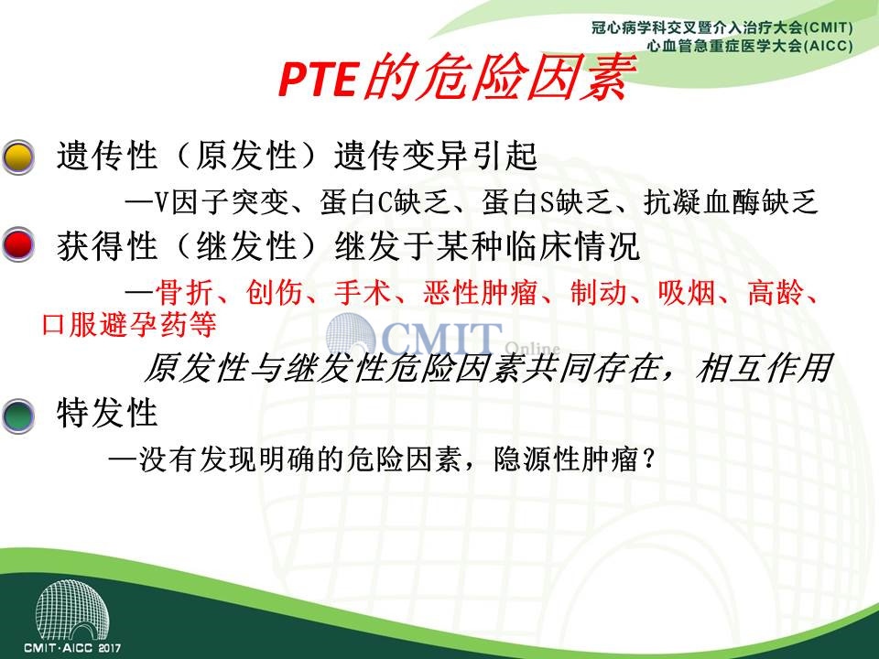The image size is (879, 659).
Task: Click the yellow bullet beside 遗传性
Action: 18,157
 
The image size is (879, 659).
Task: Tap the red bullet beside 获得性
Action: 18,245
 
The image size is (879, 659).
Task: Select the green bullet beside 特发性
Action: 18,416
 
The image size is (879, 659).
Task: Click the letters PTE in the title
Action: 318,80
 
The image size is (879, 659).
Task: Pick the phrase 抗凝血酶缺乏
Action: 731,202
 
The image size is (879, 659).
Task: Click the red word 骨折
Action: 184,292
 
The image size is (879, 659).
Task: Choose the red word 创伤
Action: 274,292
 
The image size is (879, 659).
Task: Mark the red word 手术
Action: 363,292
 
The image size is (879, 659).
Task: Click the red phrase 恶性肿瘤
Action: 481,292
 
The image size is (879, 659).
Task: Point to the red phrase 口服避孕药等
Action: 129,324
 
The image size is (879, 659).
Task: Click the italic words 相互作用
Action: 764,368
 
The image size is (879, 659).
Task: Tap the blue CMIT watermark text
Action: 441,339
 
